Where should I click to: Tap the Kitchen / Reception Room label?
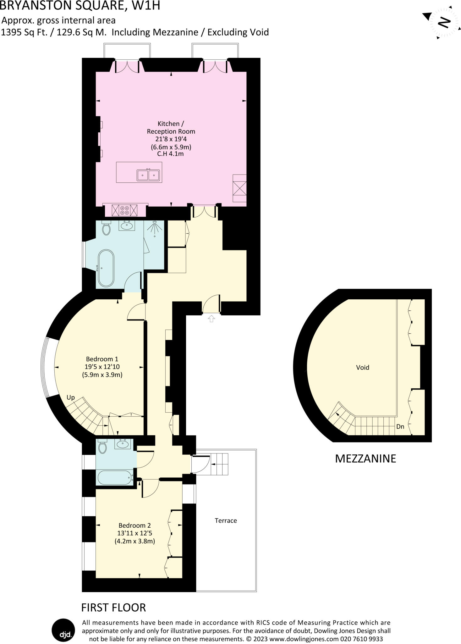pyautogui.click(x=171, y=127)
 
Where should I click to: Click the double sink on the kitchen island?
pyautogui.click(x=148, y=175)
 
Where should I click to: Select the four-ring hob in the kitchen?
pyautogui.click(x=125, y=210)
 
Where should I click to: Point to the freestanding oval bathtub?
pyautogui.click(x=106, y=268)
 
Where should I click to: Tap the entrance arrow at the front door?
pyautogui.click(x=211, y=319)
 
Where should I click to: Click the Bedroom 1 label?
pyautogui.click(x=102, y=359)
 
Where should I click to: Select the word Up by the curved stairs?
pyautogui.click(x=71, y=397)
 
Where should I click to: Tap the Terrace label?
pyautogui.click(x=226, y=520)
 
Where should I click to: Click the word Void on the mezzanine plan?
pyautogui.click(x=362, y=367)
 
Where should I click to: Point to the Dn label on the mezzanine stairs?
pyautogui.click(x=400, y=427)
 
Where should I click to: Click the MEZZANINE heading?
pyautogui.click(x=365, y=458)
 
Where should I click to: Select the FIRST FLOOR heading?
pyautogui.click(x=113, y=608)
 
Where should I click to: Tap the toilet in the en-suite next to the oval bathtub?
pyautogui.click(x=106, y=228)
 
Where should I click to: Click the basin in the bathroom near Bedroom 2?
pyautogui.click(x=122, y=444)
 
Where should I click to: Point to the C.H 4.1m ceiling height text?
pyautogui.click(x=170, y=154)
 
